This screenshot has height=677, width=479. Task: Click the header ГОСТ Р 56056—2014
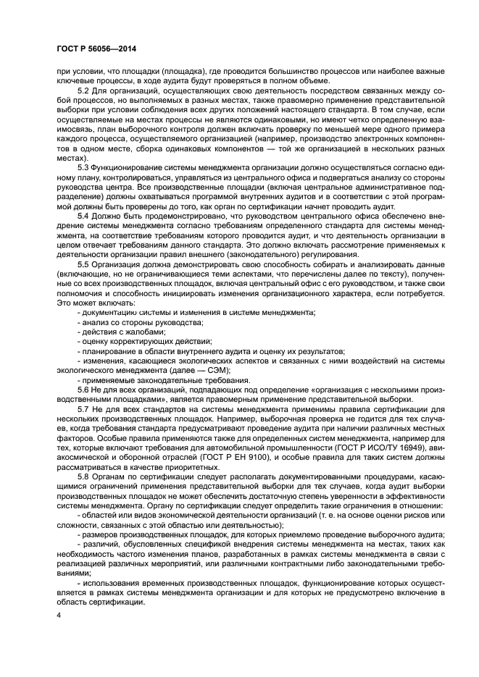[x=98, y=48]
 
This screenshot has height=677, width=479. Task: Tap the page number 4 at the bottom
[x=60, y=615]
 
